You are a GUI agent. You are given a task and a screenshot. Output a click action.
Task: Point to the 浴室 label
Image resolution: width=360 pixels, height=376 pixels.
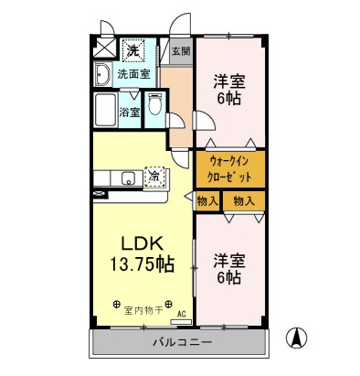click(130, 113)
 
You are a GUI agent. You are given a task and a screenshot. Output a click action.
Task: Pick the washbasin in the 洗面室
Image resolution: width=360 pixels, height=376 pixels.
click(102, 72)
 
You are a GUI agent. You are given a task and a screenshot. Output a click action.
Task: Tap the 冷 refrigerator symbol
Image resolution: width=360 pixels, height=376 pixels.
click(155, 174)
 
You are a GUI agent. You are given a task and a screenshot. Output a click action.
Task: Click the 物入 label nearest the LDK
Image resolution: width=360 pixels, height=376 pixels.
click(206, 200)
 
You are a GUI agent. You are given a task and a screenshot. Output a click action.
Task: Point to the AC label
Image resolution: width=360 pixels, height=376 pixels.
click(180, 313)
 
